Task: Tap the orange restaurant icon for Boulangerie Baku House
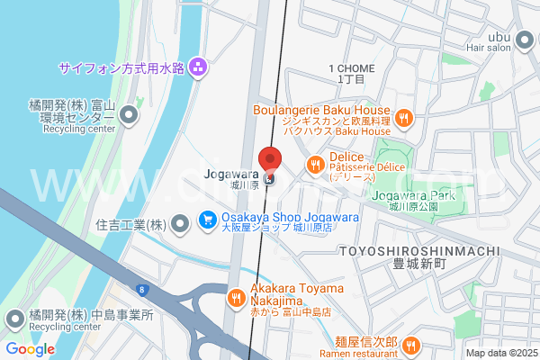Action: click(x=404, y=116)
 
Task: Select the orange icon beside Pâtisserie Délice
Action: click(x=290, y=164)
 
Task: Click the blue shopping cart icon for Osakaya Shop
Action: click(x=207, y=219)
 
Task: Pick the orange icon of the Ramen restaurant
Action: click(x=410, y=343)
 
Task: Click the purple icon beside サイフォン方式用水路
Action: click(x=198, y=67)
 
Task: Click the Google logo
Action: click(x=30, y=349)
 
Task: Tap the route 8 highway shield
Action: click(x=141, y=288)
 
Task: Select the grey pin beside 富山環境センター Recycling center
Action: click(x=130, y=114)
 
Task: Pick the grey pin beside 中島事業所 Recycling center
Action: click(x=15, y=317)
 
